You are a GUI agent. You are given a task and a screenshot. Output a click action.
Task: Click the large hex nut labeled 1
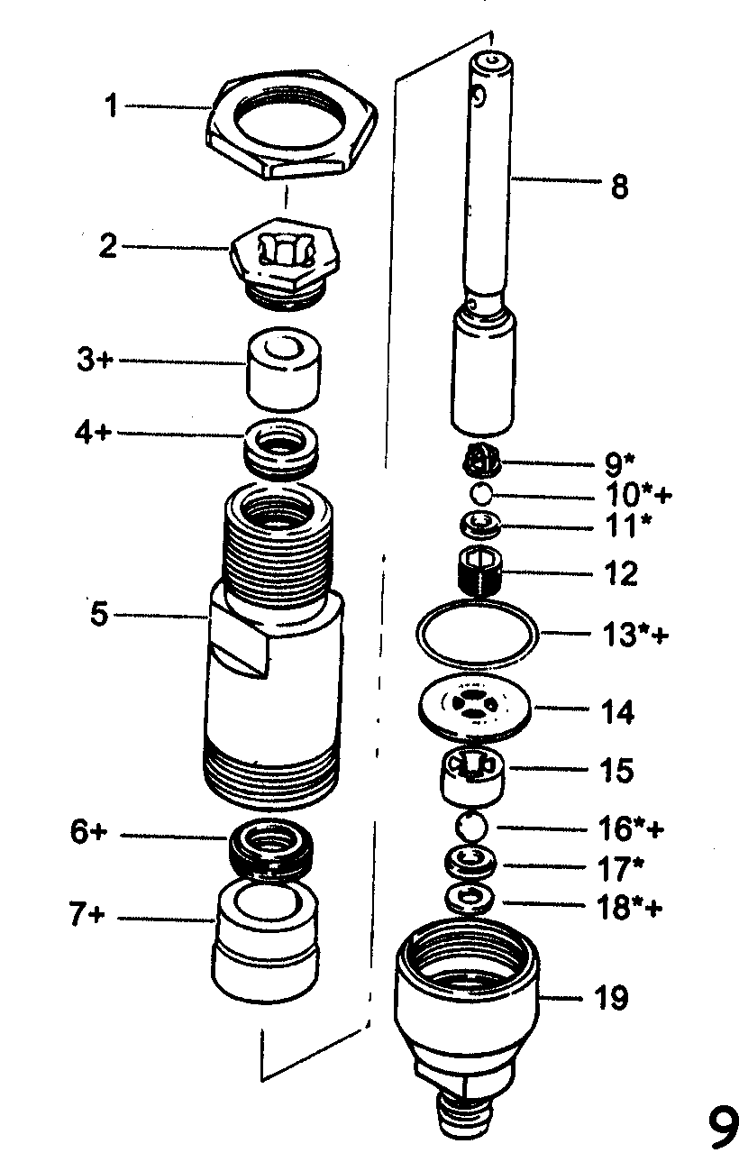tap(291, 124)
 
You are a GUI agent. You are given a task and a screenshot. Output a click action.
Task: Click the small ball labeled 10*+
tap(482, 493)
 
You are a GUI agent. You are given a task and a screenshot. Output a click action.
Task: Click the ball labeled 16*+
tap(471, 826)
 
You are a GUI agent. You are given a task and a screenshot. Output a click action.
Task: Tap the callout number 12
tap(618, 572)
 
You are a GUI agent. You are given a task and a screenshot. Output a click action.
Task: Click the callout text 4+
tap(92, 432)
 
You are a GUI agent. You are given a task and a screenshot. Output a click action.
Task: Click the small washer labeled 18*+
tap(469, 899)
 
